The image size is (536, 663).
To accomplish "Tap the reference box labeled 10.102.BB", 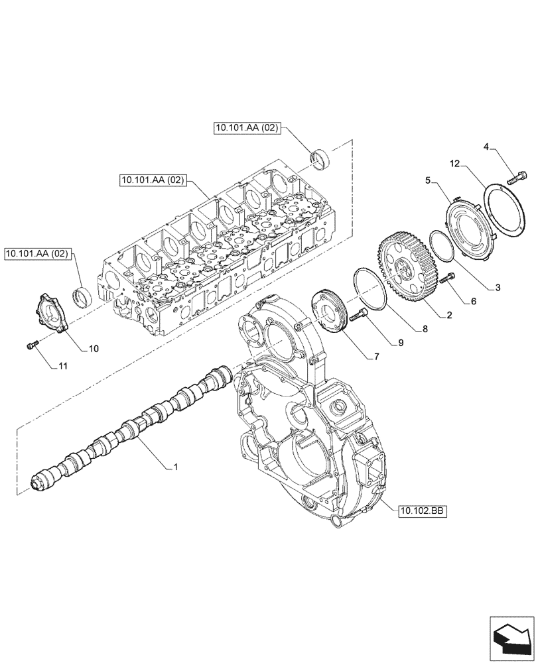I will [422, 511].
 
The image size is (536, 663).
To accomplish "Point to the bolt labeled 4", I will [517, 176].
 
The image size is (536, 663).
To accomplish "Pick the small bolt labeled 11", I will [31, 344].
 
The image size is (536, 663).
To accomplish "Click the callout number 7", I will [376, 357].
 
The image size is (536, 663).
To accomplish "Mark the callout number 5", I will [429, 179].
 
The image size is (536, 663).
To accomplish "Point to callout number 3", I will [498, 288].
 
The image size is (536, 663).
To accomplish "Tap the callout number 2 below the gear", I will [450, 317].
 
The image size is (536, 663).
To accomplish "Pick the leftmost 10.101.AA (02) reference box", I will [37, 253].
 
